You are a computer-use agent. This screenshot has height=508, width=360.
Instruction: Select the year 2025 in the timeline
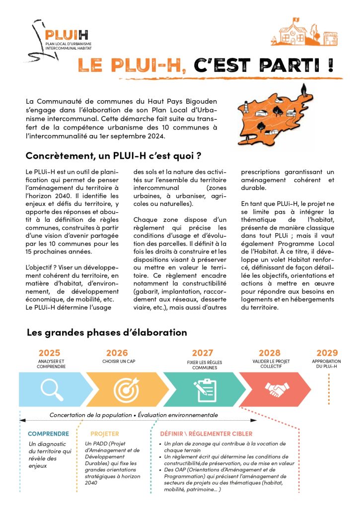[x=50, y=353]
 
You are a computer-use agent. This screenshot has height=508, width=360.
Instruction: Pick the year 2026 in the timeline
[x=117, y=353]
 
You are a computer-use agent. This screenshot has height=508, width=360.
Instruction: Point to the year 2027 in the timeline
[x=203, y=353]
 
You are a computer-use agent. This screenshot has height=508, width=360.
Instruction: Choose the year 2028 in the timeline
[x=270, y=353]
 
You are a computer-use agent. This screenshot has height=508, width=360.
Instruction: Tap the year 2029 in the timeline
[x=327, y=353]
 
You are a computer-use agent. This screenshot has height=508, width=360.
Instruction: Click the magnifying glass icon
[x=52, y=389]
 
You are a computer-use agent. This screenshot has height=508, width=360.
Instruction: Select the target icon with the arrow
[x=126, y=389]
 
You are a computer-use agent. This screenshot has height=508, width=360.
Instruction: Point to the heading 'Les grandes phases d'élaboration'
[x=107, y=332]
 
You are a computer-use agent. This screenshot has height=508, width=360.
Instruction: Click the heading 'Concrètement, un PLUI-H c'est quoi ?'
[x=113, y=156]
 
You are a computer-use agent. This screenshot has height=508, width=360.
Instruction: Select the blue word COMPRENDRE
[x=48, y=433]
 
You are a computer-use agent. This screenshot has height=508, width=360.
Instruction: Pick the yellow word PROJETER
[x=105, y=434]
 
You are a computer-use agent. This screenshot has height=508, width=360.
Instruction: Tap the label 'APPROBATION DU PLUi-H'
[x=327, y=364]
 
